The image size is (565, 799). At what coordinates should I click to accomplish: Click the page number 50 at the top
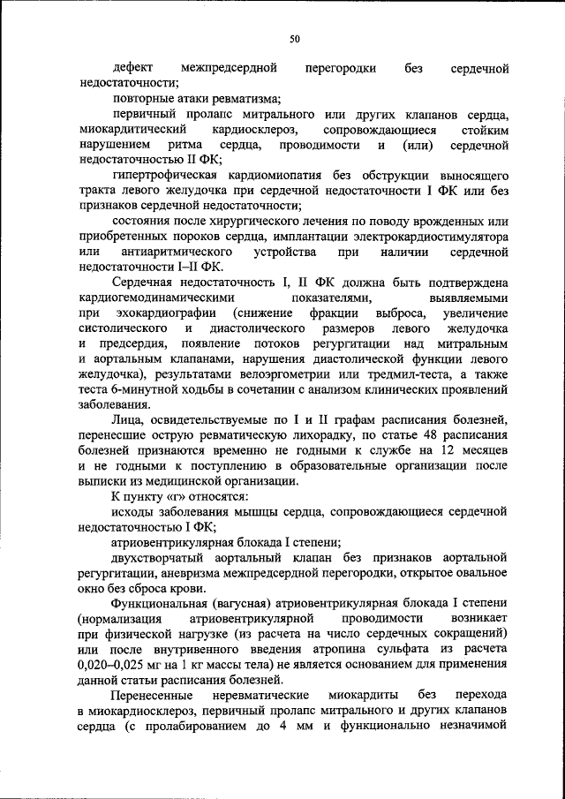point(295,38)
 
